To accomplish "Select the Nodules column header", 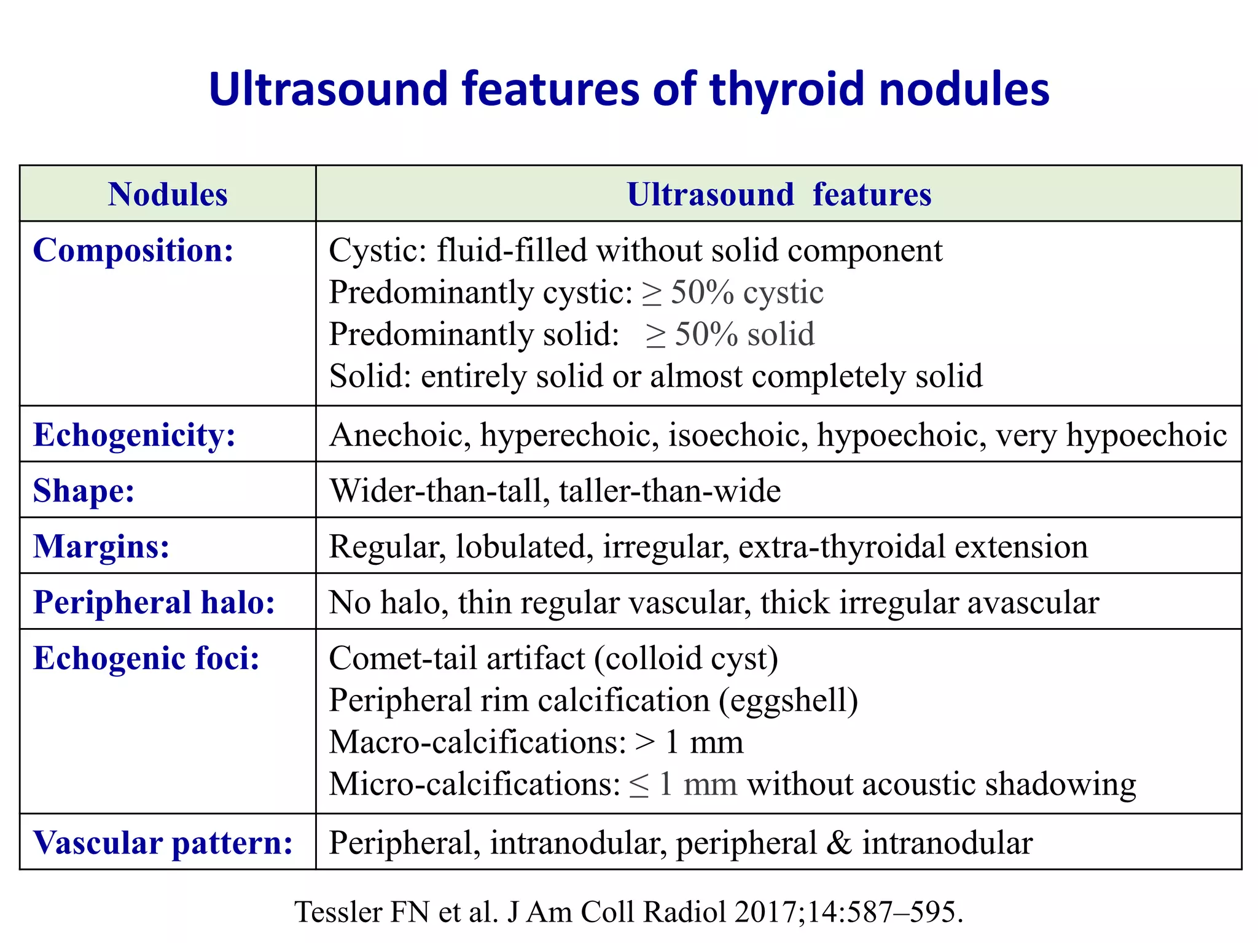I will pos(168,194).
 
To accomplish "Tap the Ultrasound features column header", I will pos(779,194).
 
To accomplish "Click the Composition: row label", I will pos(133,250).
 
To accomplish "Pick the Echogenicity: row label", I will pos(135,435).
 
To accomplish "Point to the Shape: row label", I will pos(84,491).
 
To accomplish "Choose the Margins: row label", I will pos(101,546).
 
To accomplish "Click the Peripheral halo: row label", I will pos(154,602).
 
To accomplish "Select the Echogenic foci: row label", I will pos(146,658).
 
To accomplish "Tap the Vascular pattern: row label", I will pos(163,842).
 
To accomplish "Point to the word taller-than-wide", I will pos(670,491).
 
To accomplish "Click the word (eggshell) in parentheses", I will pos(788,700).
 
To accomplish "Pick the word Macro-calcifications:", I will pos(477,742).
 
